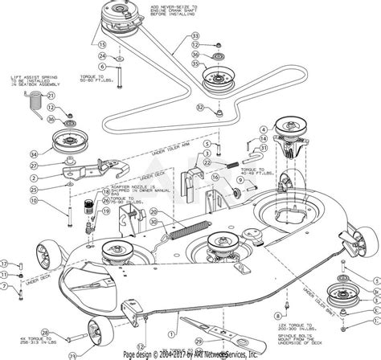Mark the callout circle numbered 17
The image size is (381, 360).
pyautogui.click(x=3, y=263)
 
